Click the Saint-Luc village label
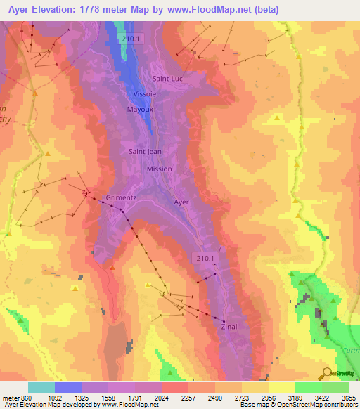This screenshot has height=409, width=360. coord(167,79)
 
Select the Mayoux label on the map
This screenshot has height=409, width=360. coord(139,110)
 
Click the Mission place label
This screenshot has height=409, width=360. coord(159,169)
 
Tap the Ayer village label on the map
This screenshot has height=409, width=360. coord(181,202)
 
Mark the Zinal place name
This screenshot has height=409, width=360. coord(229,327)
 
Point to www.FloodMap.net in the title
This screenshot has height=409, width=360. coord(212,10)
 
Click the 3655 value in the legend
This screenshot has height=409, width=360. coord(348,398)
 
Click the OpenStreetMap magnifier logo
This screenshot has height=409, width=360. coord(326,373)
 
